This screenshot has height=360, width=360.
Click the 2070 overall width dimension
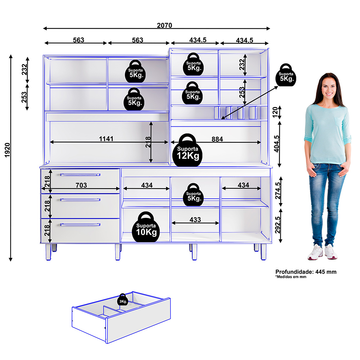coord(165,25)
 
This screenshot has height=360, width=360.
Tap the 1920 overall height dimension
coord(7,150)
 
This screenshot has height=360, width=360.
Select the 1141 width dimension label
coord(106,139)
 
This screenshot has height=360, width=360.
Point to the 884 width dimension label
coord(217,139)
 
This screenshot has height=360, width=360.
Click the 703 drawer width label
coord(81,185)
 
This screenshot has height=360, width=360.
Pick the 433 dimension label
coord(195,220)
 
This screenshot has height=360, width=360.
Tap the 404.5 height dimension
coord(276,144)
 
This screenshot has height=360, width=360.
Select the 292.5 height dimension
coord(278,225)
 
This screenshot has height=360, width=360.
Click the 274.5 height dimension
coord(278,191)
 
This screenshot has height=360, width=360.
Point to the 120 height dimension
coord(275,112)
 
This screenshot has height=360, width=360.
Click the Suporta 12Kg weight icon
coord(187,150)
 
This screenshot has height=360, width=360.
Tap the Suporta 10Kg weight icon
coord(146,227)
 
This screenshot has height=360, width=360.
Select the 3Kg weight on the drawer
coord(123,300)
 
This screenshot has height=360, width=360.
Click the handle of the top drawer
coord(80,175)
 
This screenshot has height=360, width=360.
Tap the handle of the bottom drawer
coord(80,225)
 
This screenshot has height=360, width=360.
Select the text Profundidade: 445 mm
coord(306,272)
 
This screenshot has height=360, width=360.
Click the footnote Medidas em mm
coord(291,277)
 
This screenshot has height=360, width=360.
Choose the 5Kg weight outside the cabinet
coord(286,75)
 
